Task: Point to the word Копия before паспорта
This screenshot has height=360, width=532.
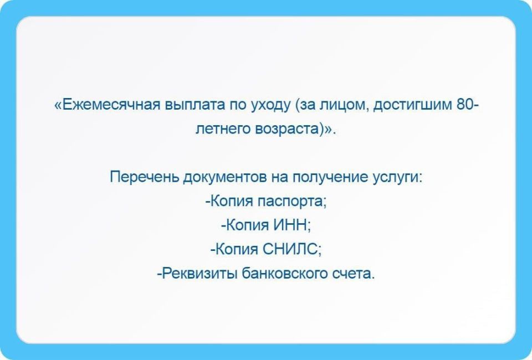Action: coord(231,202)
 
